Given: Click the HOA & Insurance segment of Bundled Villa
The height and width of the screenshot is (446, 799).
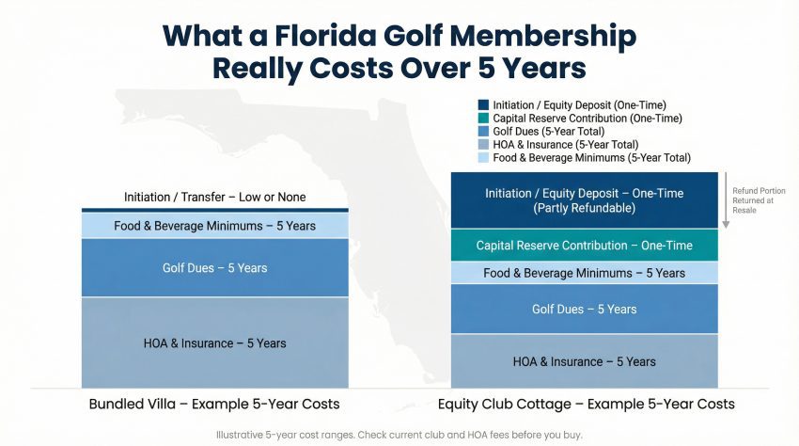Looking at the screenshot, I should click(214, 342).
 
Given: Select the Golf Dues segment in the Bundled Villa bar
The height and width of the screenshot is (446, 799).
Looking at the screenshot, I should click(214, 268).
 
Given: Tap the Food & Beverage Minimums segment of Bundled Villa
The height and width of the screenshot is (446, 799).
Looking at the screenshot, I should click(214, 226).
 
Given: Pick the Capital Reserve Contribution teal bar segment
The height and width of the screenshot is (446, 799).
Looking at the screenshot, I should click(584, 246).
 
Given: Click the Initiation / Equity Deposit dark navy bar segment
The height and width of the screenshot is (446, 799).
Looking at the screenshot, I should click(584, 199).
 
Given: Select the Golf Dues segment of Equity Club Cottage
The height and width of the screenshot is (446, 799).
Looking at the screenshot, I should click(584, 309).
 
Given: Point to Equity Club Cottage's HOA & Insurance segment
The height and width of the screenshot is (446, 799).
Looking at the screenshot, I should click(584, 361).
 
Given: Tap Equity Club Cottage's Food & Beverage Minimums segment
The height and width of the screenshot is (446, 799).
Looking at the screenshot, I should click(584, 273).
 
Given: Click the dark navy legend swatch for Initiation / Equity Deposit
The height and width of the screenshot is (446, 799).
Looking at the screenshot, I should click(483, 105).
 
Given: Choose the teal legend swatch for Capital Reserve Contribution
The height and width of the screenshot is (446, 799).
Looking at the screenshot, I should click(483, 119).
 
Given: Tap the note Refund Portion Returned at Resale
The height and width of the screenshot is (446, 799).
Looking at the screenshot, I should click(754, 199).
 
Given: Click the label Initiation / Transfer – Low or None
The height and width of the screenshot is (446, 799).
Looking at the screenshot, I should click(214, 198).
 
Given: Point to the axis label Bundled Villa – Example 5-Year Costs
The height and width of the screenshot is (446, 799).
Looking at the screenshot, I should click(214, 405).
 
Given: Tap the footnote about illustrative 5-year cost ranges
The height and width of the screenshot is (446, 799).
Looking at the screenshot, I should click(399, 435).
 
